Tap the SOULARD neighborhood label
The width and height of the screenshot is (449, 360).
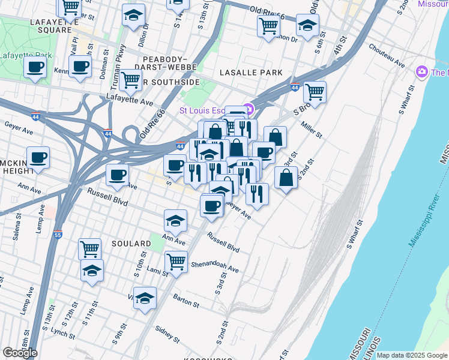point(131,244)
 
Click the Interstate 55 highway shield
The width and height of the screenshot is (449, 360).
point(57,235)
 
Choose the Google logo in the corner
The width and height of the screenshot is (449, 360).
point(20,353)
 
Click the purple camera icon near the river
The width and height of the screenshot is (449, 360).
point(422,72)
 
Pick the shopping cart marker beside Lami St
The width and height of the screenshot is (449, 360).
point(175,260)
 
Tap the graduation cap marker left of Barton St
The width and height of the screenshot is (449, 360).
point(145,297)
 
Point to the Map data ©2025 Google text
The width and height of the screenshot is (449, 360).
point(411,355)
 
